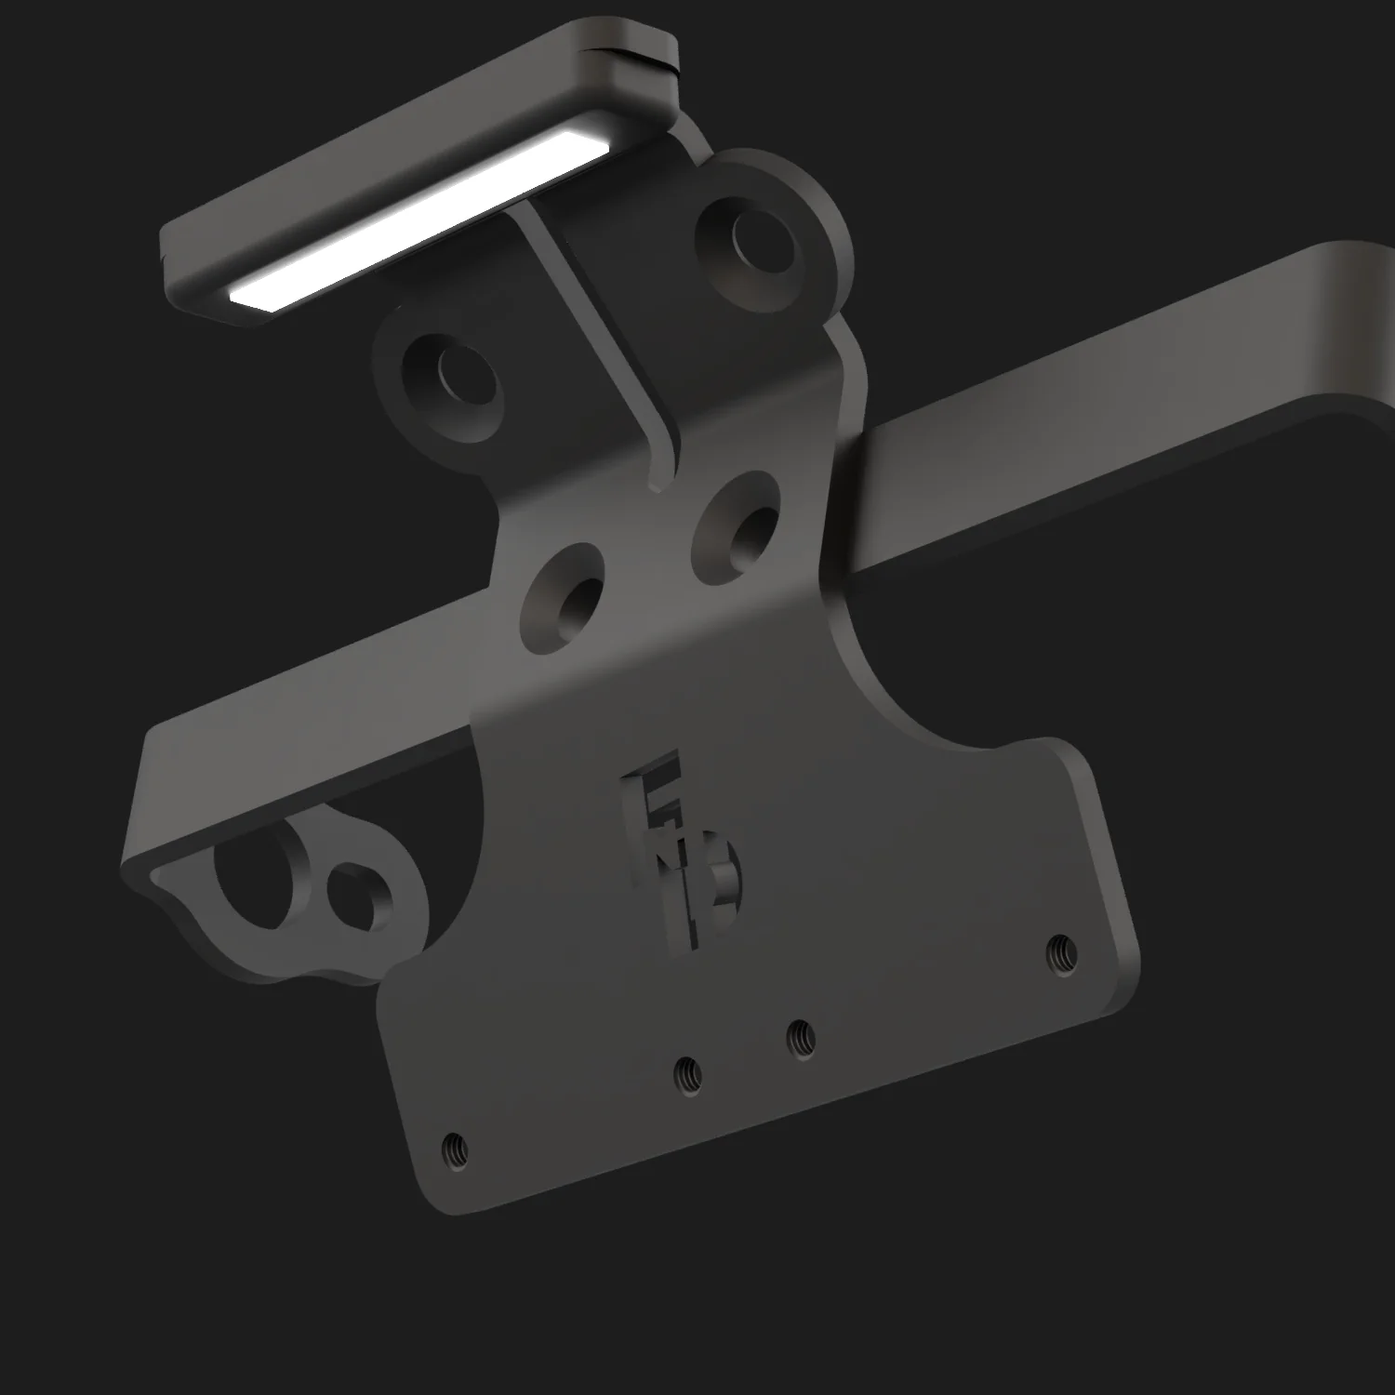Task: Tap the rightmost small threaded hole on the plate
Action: coord(1061,952)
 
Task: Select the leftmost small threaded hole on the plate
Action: coord(455,1150)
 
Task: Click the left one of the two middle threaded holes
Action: coord(688,1075)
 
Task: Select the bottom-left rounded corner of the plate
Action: coord(437,1195)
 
